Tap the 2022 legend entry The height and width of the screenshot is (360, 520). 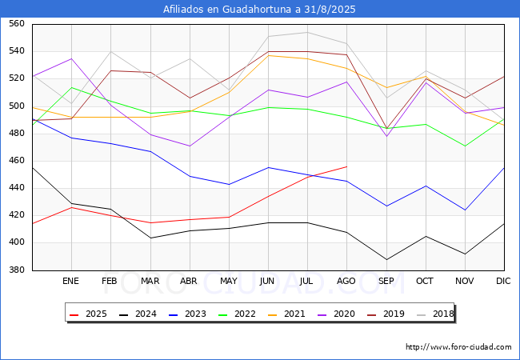pos(241,314)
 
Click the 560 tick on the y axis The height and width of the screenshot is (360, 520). pos(16,24)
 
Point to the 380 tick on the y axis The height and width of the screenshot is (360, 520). pos(16,270)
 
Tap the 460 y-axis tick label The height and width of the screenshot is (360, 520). pos(16,161)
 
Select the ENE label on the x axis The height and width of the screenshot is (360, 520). pos(71,282)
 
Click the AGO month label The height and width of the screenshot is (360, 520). pos(346,282)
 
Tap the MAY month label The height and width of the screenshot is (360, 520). pos(229,282)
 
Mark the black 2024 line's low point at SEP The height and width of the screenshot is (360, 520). pos(386,259)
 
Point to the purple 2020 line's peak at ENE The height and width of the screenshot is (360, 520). pos(71,58)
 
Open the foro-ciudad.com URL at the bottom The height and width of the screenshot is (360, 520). pos(458,347)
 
